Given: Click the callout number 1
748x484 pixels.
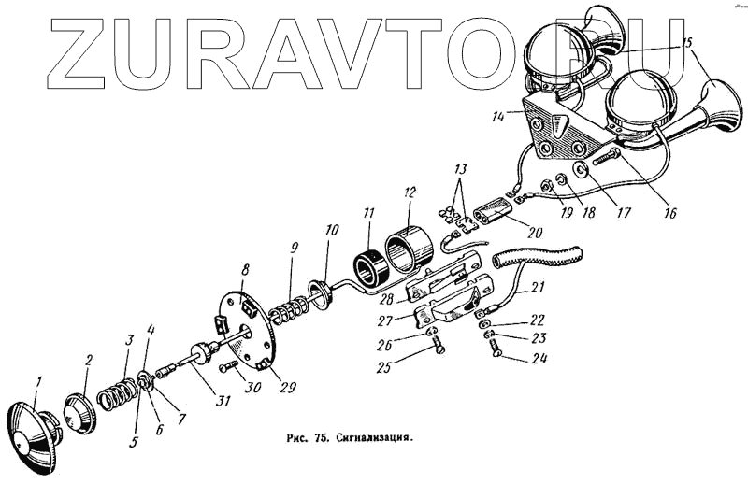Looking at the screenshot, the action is click(39, 381).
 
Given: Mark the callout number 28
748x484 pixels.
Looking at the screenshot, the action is click(386, 298).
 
